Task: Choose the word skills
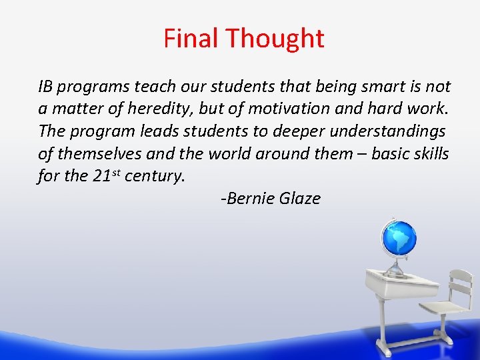pos(429,153)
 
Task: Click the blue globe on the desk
pos(398,238)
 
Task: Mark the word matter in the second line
pos(73,109)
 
